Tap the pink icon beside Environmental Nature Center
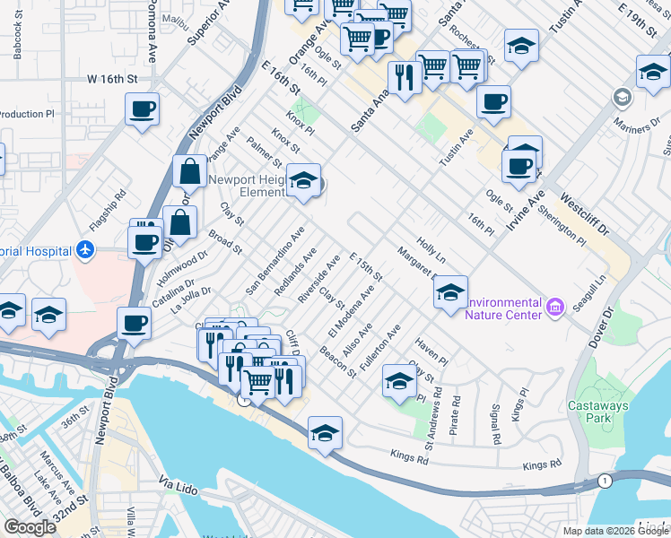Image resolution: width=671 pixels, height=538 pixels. pos(555,308)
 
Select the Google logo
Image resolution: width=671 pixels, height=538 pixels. pos(30,527)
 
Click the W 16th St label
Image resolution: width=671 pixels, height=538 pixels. pos(112,79)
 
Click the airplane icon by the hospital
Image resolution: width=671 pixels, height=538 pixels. pos(85,248)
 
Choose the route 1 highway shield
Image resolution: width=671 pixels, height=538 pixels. pos(606,482)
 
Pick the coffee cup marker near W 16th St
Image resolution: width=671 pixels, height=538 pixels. pos(142,110)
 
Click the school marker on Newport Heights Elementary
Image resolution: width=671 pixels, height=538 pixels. pos(304,182)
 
